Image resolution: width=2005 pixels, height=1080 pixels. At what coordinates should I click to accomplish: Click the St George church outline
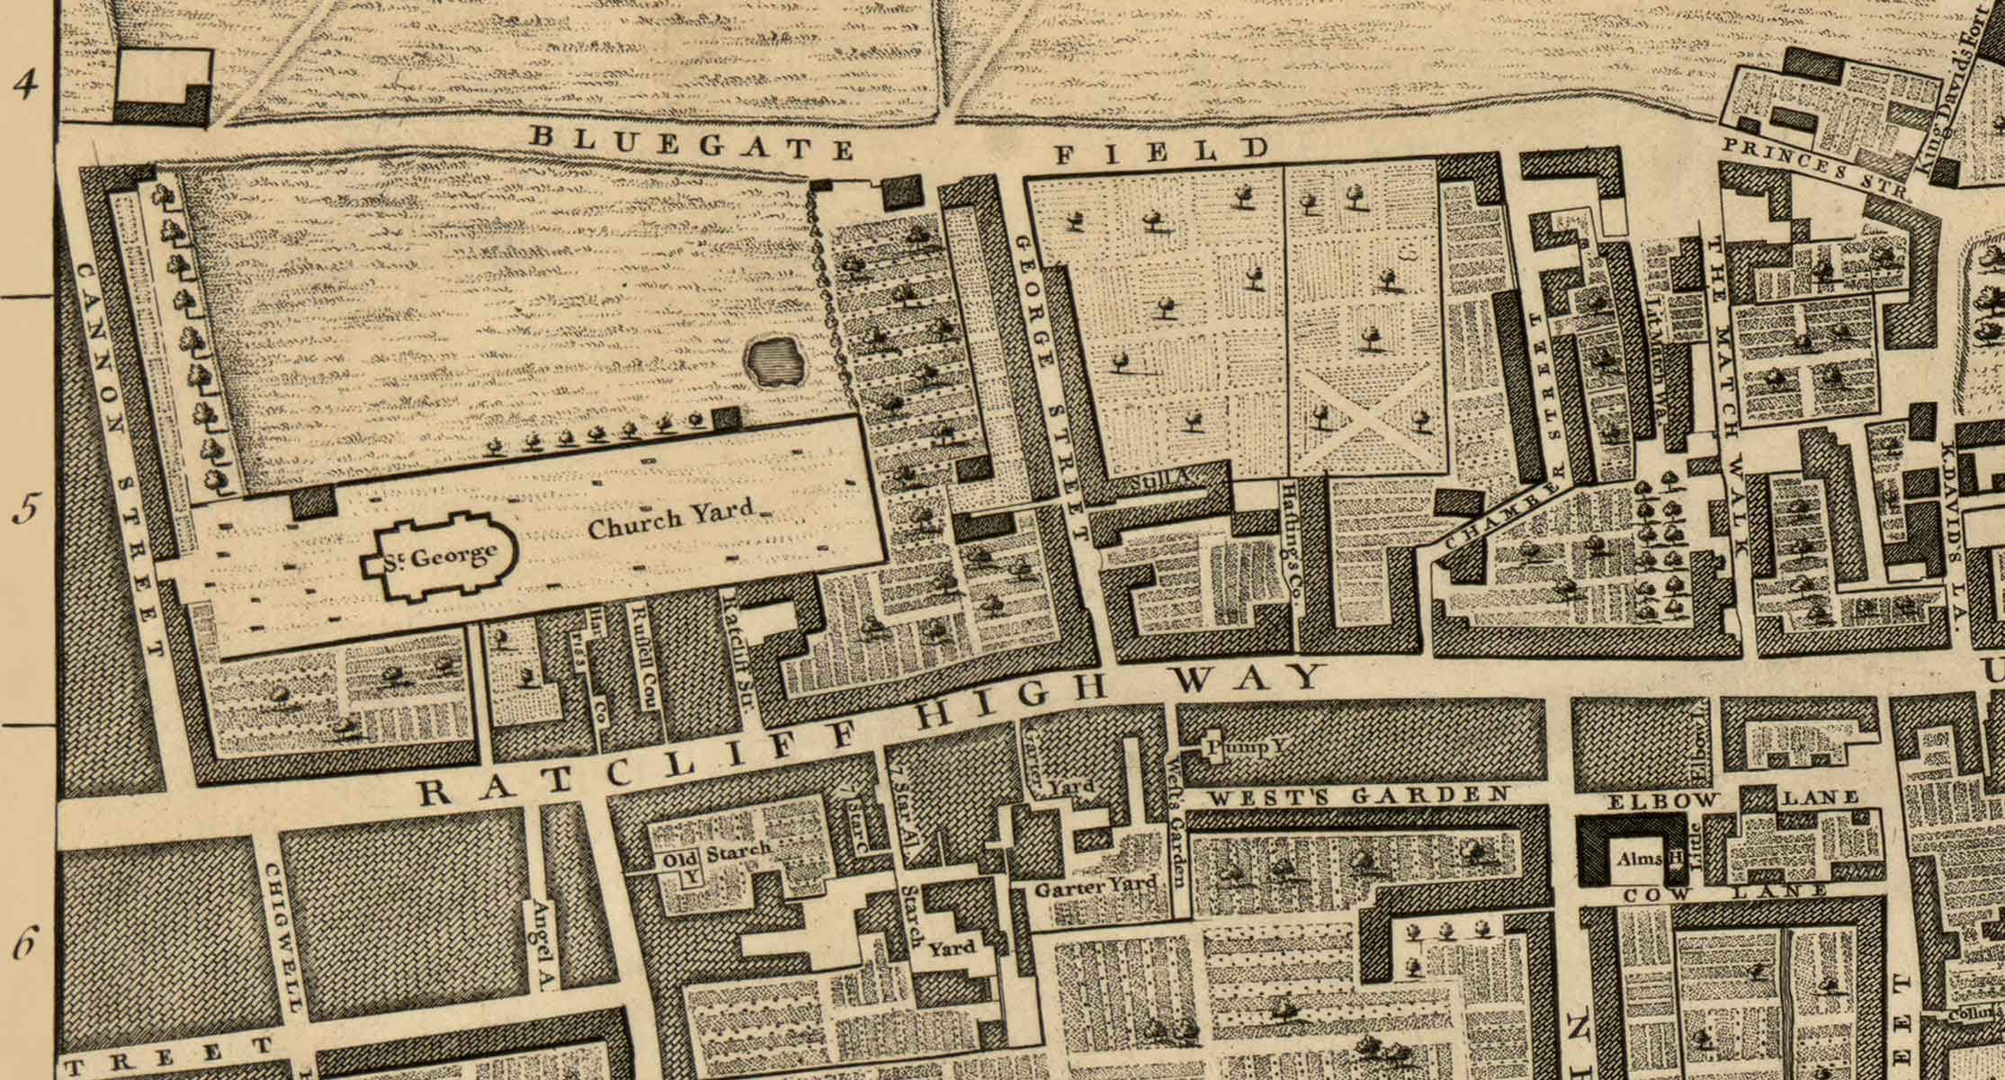pos(440,558)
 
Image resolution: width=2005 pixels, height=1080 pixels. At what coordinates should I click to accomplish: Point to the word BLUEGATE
pos(690,142)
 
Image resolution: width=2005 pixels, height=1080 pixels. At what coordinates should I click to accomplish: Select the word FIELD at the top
pos(1160,151)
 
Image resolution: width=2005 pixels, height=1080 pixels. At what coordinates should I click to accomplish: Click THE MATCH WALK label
pos(1728,396)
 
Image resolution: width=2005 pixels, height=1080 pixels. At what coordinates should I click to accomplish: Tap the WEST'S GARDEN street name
pos(1357,796)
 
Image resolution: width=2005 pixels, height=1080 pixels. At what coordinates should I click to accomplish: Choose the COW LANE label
pos(1725,894)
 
